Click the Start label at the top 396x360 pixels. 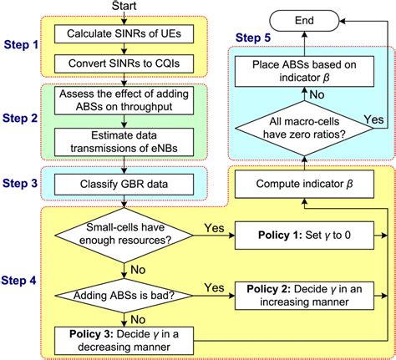point(125,7)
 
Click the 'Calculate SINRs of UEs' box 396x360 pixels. point(125,34)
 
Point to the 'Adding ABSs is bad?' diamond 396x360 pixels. point(125,293)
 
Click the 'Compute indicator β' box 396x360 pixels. point(302,184)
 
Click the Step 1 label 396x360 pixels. point(23,43)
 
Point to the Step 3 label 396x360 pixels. point(23,182)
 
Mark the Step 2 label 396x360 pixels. point(23,118)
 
